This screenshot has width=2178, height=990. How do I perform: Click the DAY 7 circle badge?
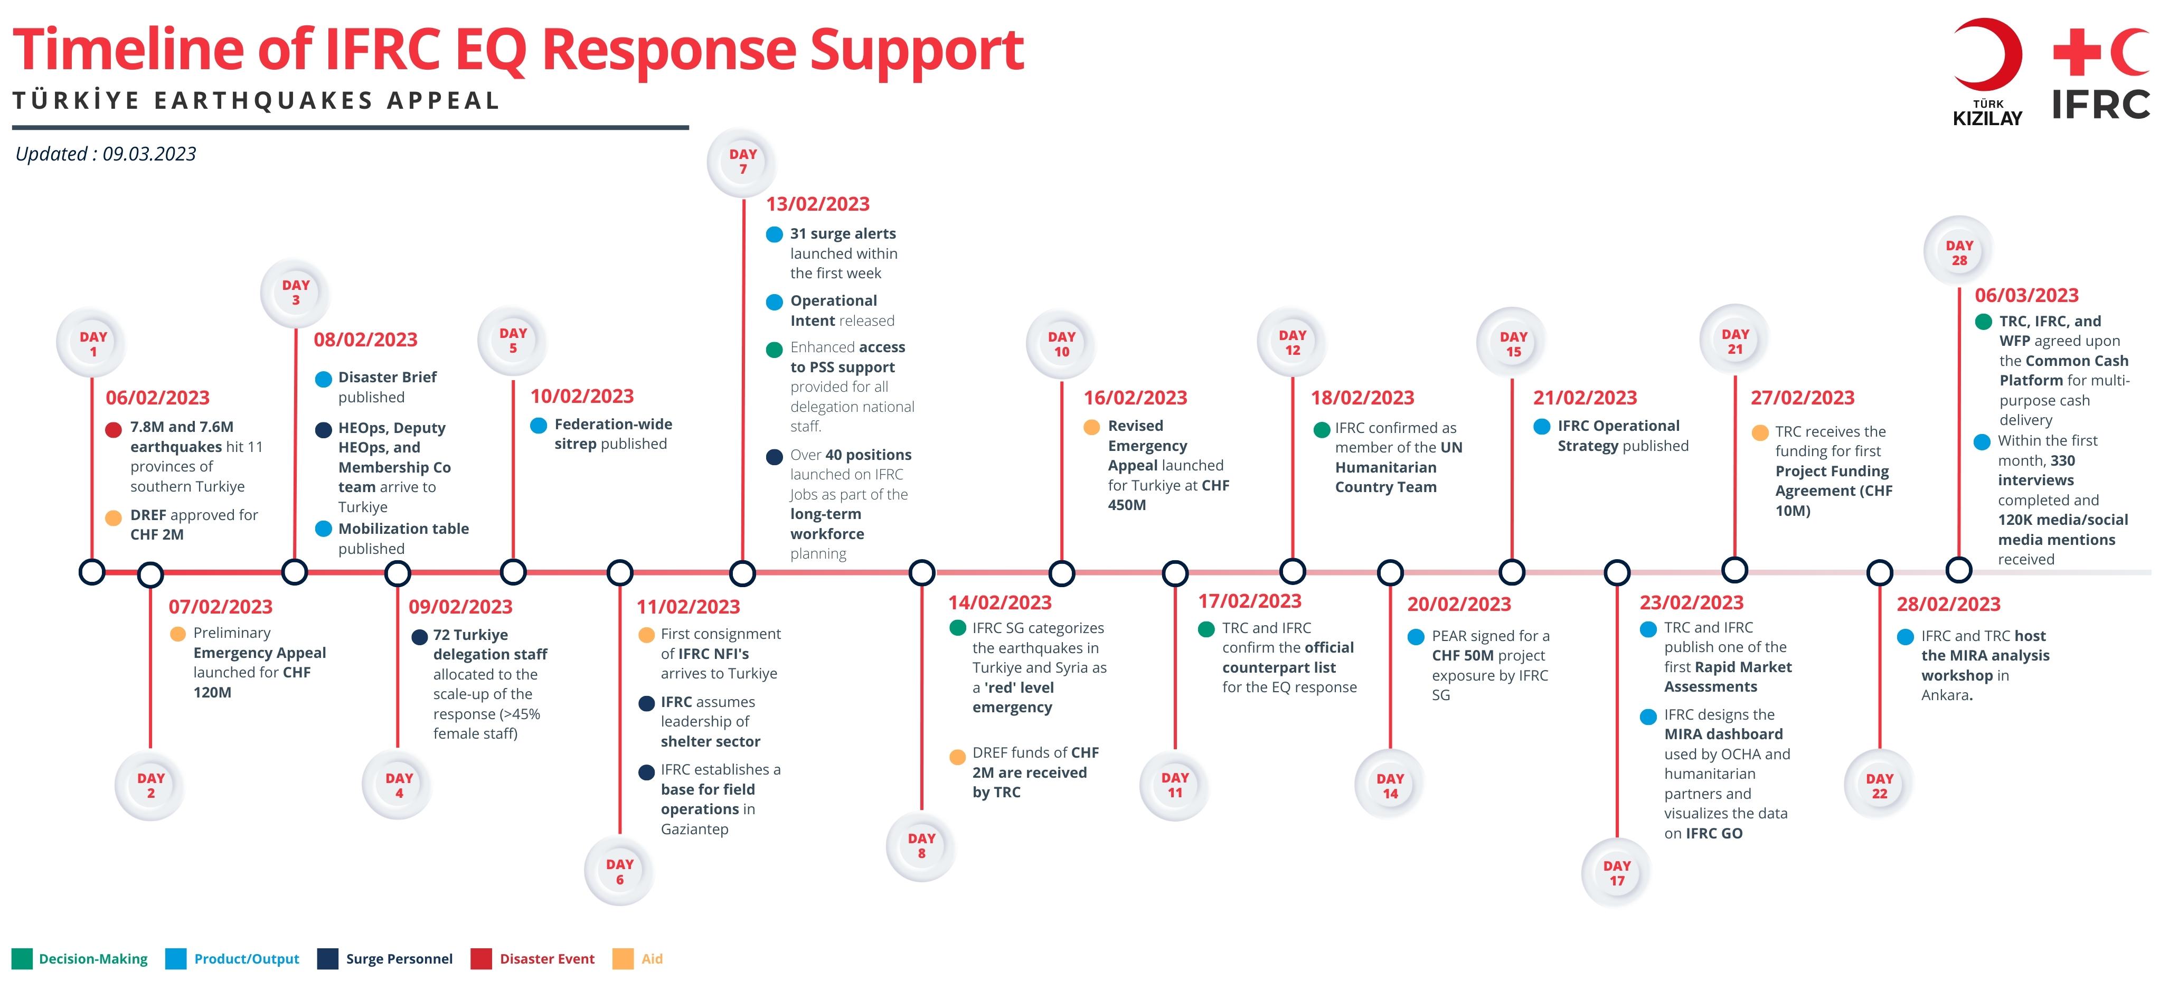(x=742, y=162)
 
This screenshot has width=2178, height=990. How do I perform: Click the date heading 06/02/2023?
(x=157, y=398)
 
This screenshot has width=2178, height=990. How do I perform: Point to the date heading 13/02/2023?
(x=817, y=204)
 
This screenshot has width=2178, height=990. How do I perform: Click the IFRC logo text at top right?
(x=2100, y=105)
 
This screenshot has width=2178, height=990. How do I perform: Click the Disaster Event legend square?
(x=481, y=959)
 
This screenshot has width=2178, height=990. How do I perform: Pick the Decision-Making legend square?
(x=22, y=959)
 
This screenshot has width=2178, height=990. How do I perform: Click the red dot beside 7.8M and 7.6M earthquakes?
(x=114, y=429)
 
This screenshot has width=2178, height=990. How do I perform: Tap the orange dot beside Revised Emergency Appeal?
(x=1091, y=427)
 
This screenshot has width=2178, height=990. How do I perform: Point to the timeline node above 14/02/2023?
(x=921, y=572)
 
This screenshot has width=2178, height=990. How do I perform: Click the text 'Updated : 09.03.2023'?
(x=106, y=154)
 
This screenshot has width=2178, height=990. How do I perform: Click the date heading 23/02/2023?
(x=1691, y=603)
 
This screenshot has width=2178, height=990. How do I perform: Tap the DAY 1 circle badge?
(x=92, y=343)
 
